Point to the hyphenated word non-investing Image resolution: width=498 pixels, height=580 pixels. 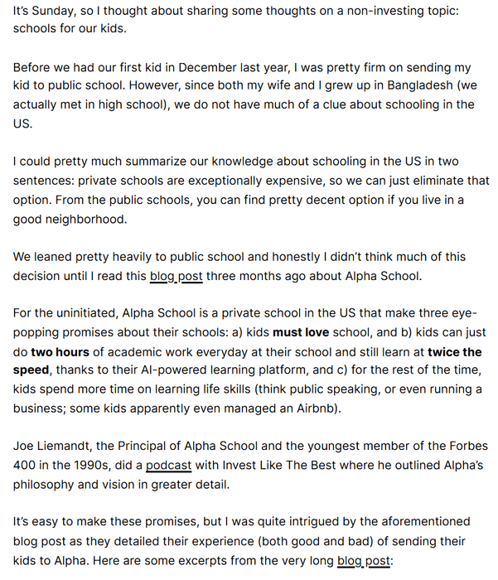381,9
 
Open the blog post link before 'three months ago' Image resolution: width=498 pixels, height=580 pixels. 176,277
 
